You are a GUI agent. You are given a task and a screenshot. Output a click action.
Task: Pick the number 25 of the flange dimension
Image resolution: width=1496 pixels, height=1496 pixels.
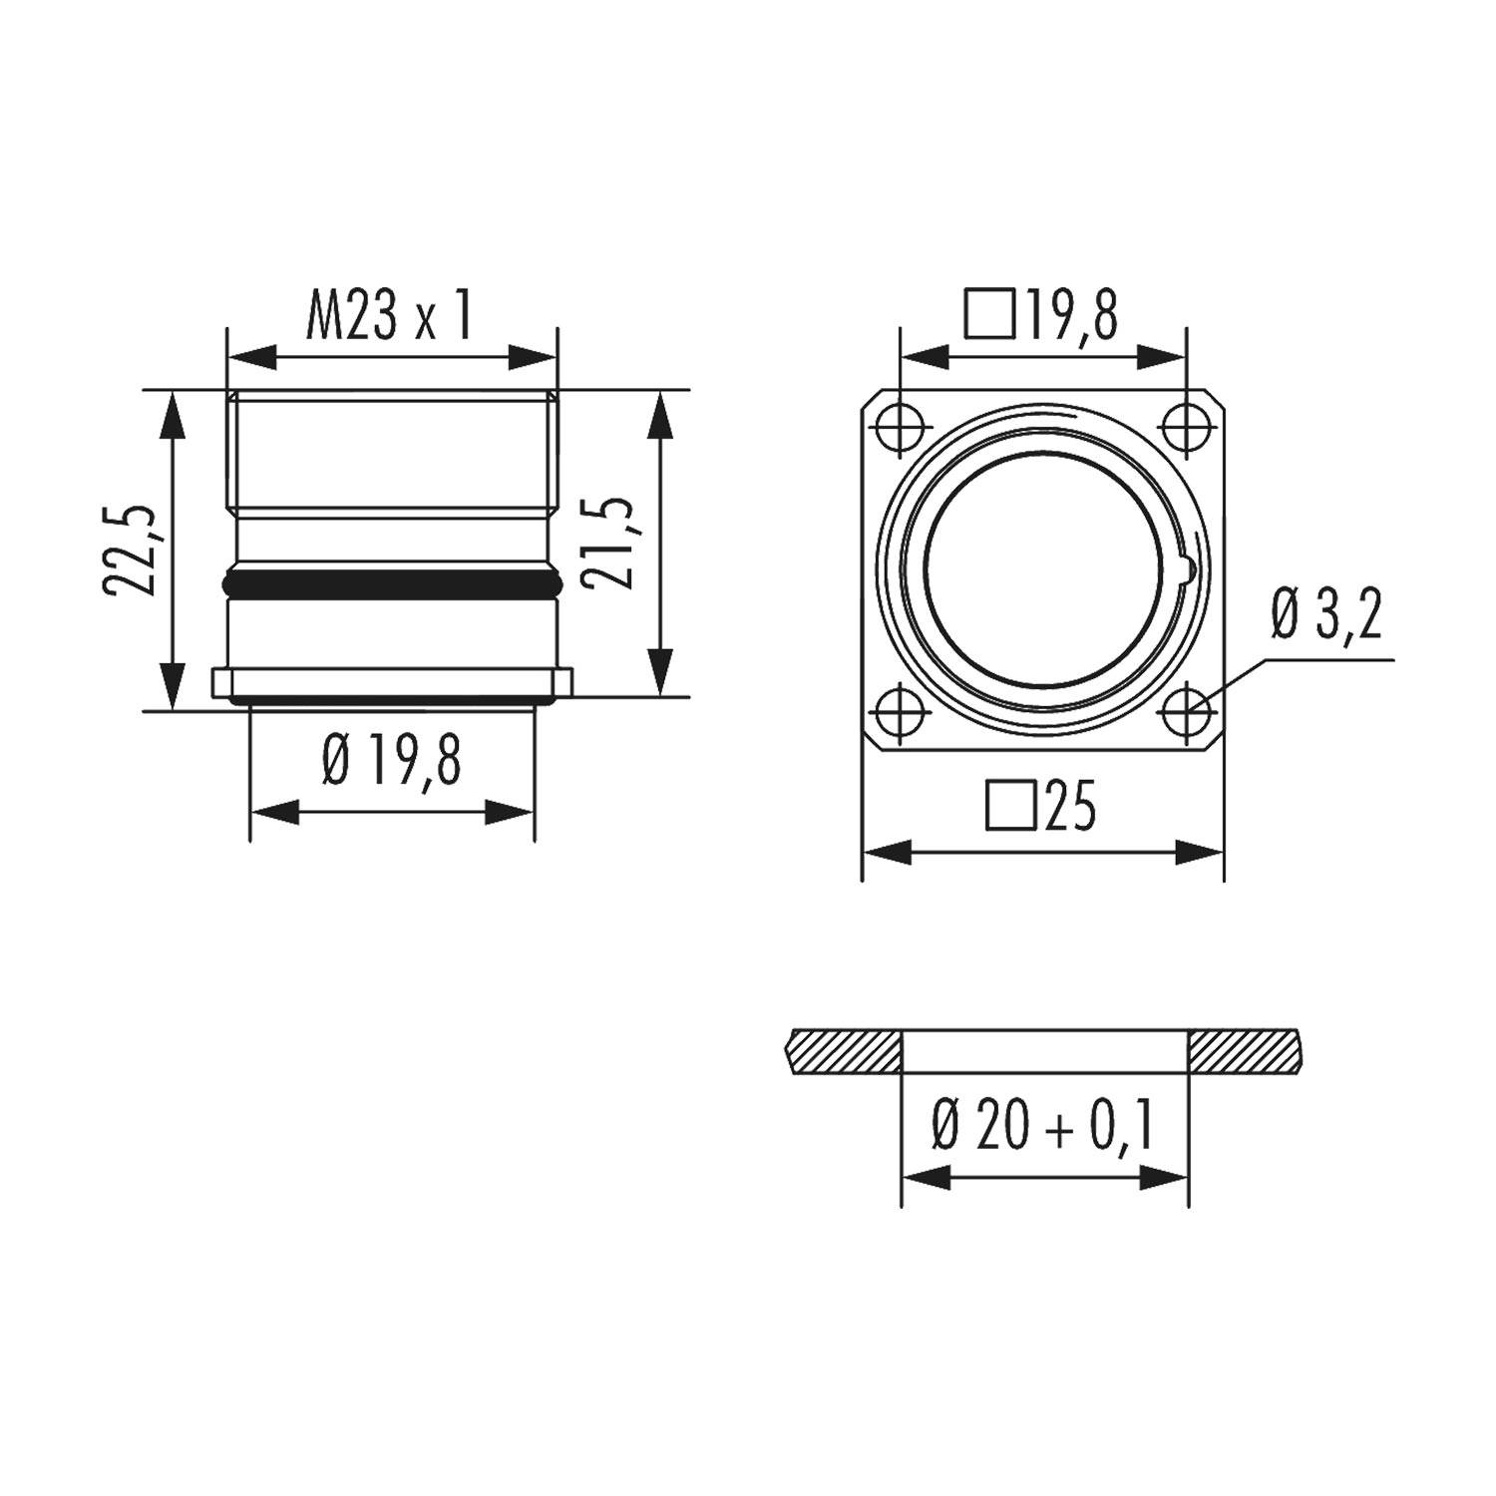tap(1071, 806)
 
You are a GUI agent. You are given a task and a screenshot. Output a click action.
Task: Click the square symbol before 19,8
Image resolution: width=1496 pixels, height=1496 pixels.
tap(989, 314)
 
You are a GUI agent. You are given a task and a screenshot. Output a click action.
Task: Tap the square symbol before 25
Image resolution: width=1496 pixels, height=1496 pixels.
tap(1010, 806)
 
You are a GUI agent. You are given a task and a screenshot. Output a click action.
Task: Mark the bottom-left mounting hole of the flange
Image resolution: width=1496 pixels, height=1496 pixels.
tap(899, 713)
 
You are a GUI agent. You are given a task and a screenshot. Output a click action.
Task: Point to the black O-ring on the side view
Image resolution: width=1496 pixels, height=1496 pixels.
tap(392, 580)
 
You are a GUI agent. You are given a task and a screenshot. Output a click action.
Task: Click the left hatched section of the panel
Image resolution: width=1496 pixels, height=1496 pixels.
tap(844, 1052)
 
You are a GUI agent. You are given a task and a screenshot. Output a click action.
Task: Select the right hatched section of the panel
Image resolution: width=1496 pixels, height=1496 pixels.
tap(1245, 1052)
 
